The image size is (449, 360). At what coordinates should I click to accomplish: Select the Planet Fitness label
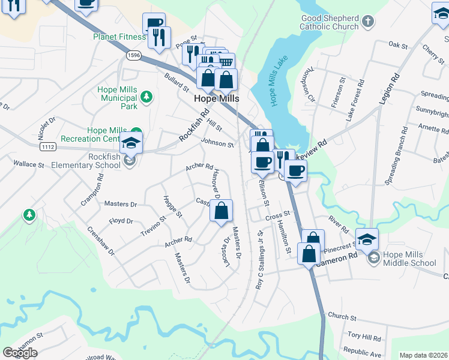click(x=119, y=37)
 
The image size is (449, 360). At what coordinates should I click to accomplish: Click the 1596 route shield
click(x=134, y=55)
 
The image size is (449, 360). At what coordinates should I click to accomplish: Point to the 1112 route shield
click(x=48, y=146)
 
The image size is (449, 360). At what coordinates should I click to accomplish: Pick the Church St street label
click(x=342, y=317)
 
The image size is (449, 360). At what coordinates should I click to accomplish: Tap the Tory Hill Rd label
click(x=364, y=338)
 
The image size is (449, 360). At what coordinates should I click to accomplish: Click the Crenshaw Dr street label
click(x=100, y=241)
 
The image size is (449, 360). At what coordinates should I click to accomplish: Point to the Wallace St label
click(x=29, y=164)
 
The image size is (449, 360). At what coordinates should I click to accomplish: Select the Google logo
click(x=20, y=353)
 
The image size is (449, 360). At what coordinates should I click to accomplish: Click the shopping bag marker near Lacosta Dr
click(x=221, y=211)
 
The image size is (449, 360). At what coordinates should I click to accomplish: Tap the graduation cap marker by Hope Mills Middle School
click(x=367, y=239)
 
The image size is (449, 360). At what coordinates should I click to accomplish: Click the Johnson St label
click(x=217, y=143)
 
